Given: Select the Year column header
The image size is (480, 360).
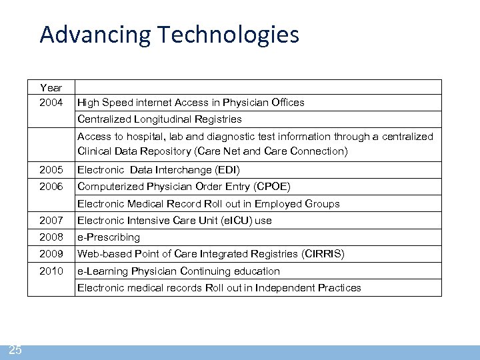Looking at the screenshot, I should click(x=51, y=87).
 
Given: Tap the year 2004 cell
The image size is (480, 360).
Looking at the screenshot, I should click(x=51, y=103).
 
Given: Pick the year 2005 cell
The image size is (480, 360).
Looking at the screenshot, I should click(x=51, y=169).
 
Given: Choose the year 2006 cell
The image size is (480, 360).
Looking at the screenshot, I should click(x=51, y=187).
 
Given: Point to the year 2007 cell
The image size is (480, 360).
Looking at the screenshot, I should click(x=51, y=220).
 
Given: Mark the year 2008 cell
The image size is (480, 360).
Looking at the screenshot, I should click(x=51, y=237).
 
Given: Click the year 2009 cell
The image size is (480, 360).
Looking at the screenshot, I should click(x=51, y=254).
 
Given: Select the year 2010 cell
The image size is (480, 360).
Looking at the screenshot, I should click(x=51, y=271).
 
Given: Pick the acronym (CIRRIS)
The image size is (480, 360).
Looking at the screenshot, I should click(x=323, y=254).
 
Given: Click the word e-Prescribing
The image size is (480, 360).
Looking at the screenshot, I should click(x=109, y=237).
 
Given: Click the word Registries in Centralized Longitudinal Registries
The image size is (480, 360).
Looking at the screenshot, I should click(x=219, y=119).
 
